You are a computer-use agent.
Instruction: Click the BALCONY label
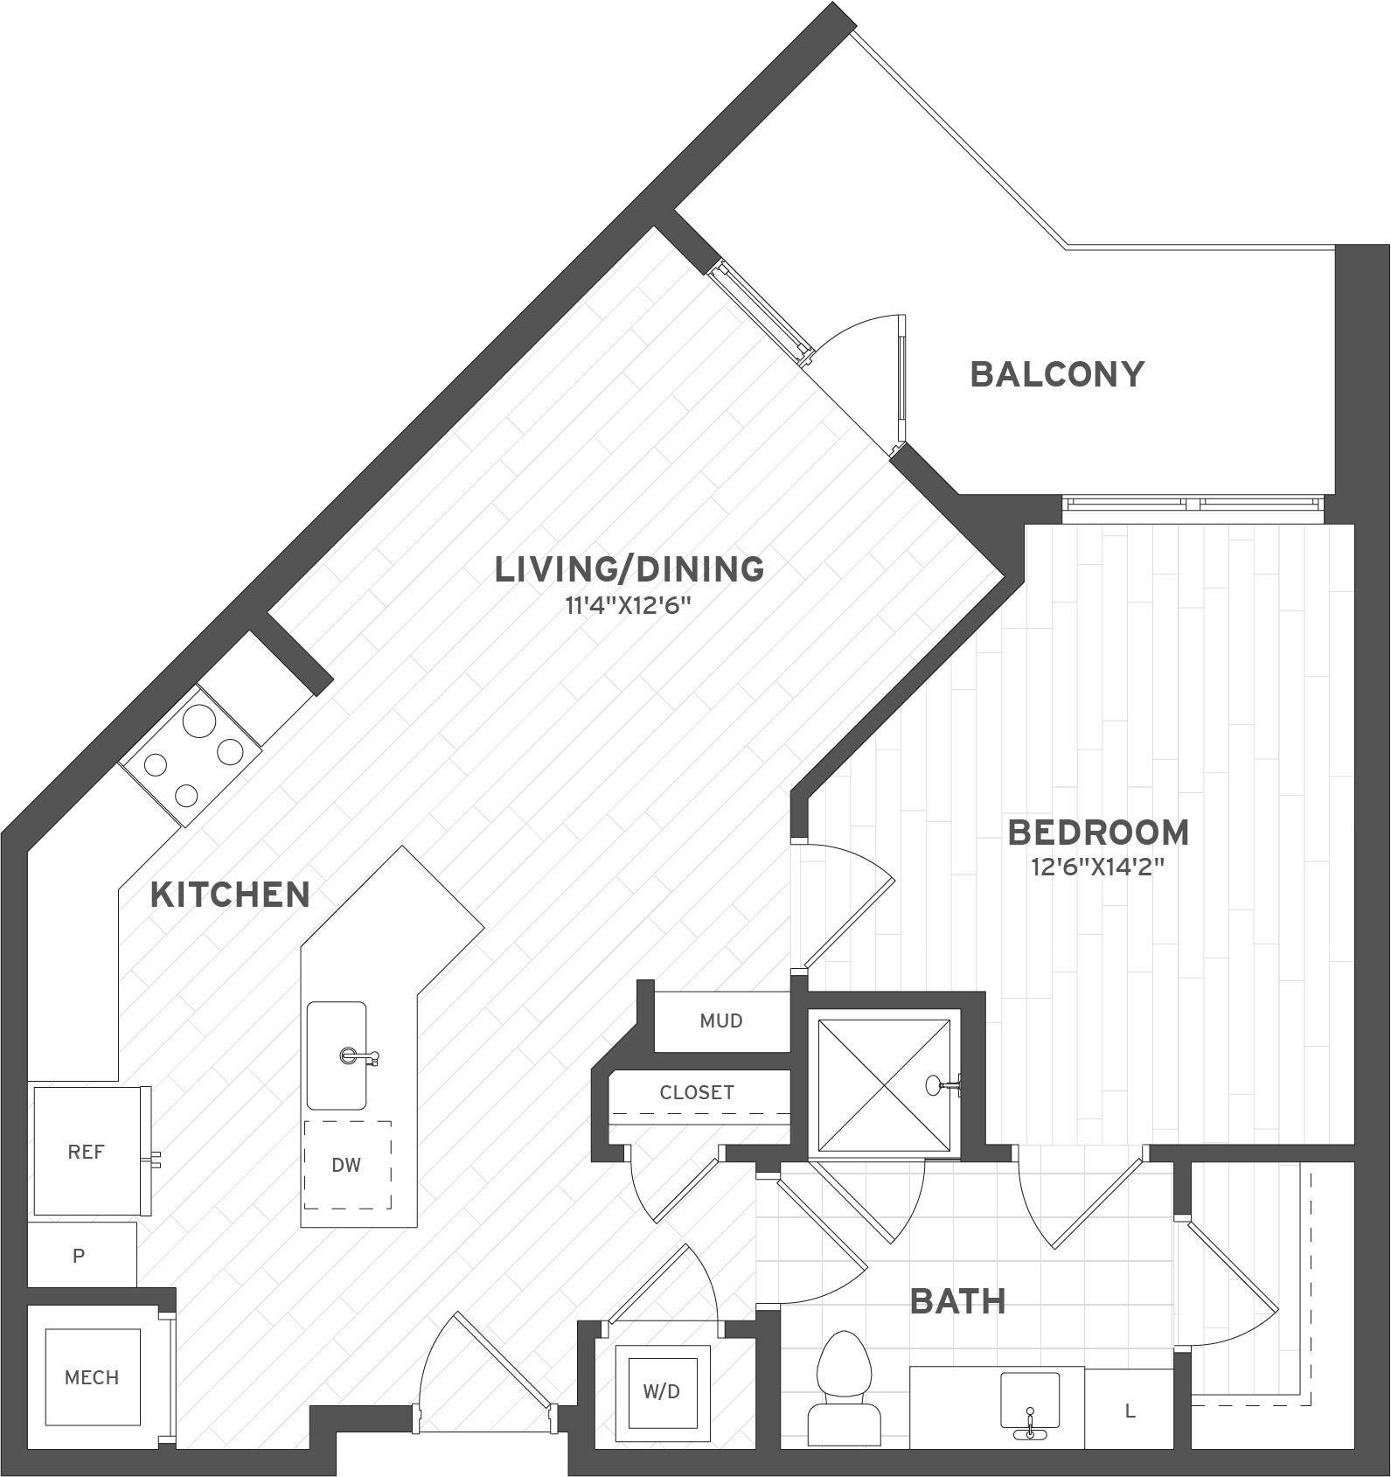pos(1057,374)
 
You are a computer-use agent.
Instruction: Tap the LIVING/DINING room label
pos(629,569)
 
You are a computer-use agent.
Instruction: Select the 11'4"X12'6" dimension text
pos(629,606)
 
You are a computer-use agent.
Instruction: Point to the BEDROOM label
pos(1098,833)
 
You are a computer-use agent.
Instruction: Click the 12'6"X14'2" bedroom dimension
pos(1098,867)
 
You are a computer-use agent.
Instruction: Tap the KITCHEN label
pos(230,895)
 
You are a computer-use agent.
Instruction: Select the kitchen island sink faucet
pos(358,1056)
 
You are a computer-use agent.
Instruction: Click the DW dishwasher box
pos(347,1165)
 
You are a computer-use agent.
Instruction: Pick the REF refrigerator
pos(86,1152)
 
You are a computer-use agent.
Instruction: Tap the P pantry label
pos(79,1256)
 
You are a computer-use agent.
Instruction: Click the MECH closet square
pos(92,1377)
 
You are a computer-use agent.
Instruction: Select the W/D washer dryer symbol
pos(662,1391)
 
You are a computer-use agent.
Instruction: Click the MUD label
pos(721,1021)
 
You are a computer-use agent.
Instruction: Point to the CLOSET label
pos(697,1092)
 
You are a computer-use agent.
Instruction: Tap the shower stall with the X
pos(884,1085)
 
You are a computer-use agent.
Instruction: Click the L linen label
pos(1130,1411)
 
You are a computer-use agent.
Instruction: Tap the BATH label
pos(957,1301)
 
